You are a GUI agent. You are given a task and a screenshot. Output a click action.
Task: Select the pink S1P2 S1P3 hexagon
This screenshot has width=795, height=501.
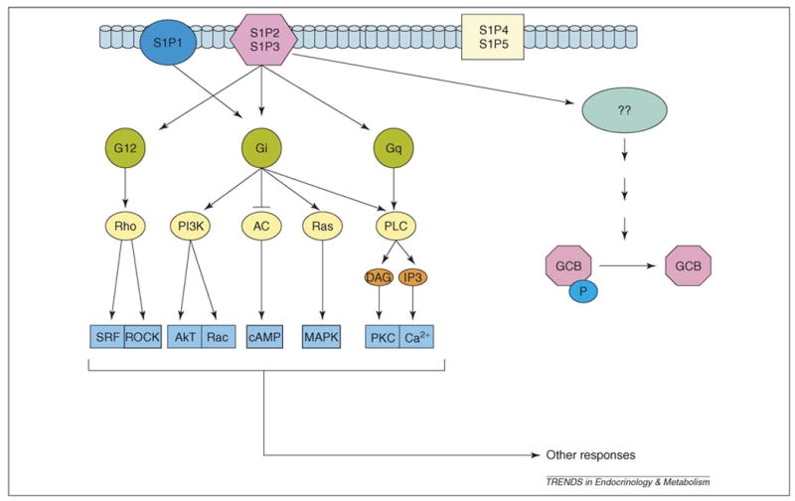[x=261, y=41]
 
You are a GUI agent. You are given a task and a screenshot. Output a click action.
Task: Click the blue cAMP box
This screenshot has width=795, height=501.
[x=261, y=338]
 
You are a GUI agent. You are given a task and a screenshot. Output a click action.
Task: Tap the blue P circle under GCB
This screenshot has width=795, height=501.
[x=584, y=296]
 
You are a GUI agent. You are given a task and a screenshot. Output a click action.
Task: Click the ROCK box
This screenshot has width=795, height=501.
[x=141, y=338]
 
